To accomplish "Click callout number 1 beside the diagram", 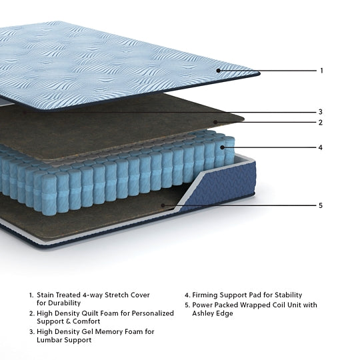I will click(321, 71).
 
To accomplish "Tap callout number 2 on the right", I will click(321, 123).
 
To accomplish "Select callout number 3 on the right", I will click(321, 112).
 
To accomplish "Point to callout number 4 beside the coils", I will click(321, 147).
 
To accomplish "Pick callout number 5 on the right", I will click(321, 205).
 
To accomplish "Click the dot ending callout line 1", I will click(218, 70).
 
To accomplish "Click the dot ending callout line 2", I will click(216, 122).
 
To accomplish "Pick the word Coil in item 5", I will click(269, 305).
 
